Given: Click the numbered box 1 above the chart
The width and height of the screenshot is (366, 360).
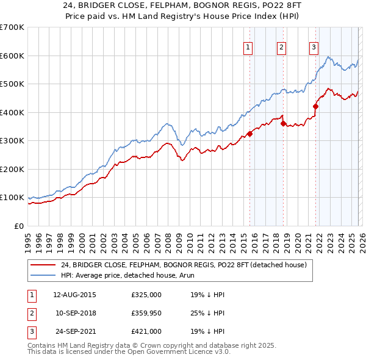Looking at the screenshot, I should (249, 48).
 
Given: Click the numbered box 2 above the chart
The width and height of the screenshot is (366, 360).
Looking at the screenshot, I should (281, 48).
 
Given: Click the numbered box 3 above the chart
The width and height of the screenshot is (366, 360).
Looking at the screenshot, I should (314, 48).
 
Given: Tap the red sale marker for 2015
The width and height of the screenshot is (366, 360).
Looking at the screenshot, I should (249, 134).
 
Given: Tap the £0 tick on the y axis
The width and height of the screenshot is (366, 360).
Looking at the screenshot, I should (20, 226).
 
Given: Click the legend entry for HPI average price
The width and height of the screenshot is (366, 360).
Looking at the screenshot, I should (120, 275).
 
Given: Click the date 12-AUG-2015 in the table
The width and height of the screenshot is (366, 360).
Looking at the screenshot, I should (74, 295).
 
